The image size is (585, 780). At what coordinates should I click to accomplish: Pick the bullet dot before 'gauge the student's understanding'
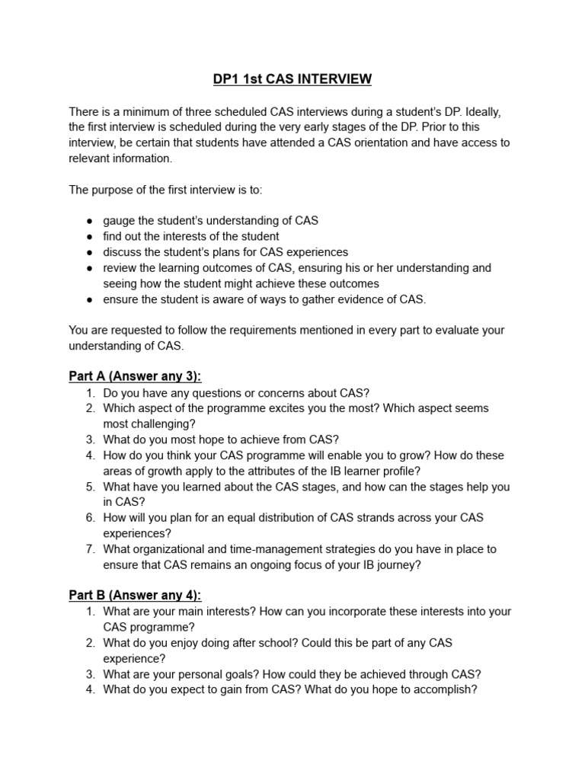(89, 221)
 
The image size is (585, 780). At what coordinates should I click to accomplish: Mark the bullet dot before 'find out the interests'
(89, 237)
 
